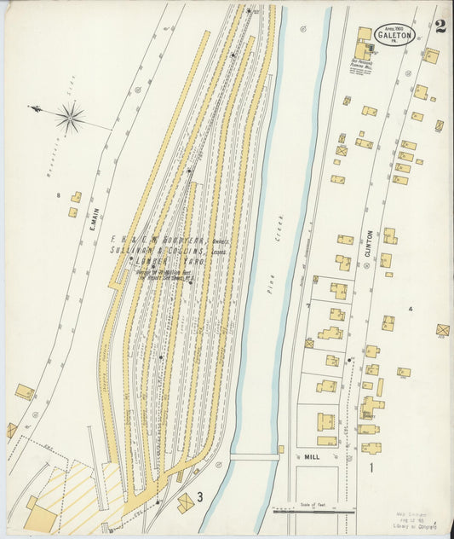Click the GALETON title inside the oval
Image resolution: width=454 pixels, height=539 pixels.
point(394,36)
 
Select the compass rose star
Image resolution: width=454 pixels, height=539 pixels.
point(70,116)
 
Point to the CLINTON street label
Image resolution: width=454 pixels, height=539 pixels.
point(369,245)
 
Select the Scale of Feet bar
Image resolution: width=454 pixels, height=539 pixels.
point(313,510)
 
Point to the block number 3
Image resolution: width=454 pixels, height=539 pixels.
point(199,496)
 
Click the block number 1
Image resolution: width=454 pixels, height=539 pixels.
point(371,467)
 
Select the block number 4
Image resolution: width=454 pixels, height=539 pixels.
point(410,308)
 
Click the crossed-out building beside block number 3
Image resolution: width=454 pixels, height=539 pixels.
point(185,503)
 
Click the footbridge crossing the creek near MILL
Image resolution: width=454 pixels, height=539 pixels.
point(254,457)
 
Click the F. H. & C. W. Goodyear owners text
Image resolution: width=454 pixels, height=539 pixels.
point(170,241)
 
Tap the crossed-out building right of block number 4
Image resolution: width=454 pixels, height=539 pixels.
point(442,329)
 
